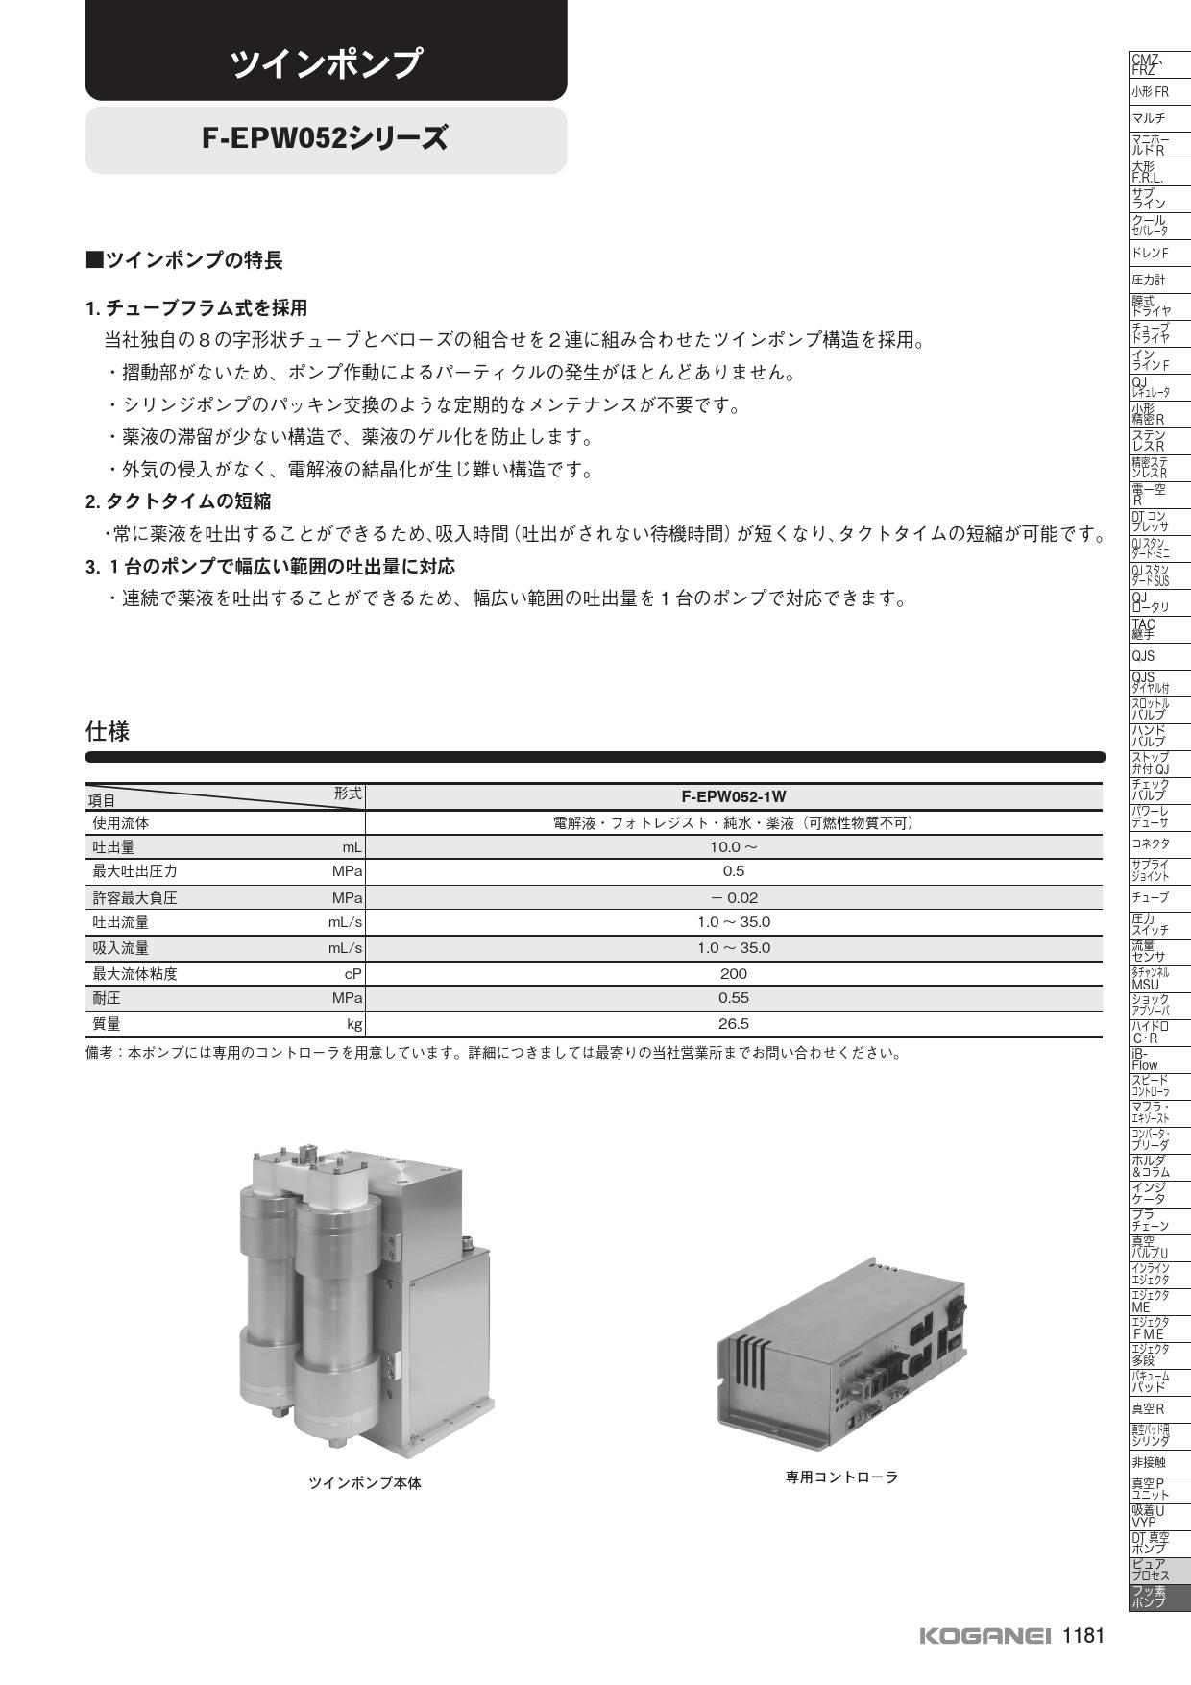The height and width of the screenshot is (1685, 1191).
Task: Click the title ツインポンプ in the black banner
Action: pos(326,63)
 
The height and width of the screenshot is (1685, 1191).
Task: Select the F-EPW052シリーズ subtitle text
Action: pos(326,139)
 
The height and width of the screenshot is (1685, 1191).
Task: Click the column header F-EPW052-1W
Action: pos(733,796)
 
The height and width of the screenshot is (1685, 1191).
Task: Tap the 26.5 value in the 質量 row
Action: pos(733,1024)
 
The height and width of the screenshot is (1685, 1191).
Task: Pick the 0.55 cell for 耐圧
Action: pos(733,998)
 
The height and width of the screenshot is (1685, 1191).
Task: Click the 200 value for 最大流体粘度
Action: pos(733,973)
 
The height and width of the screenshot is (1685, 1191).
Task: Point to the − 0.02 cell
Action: pos(733,898)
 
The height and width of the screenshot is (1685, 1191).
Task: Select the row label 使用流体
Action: pos(121,823)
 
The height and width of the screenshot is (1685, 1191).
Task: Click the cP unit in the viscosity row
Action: pos(352,973)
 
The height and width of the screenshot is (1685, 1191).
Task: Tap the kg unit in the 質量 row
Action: pos(354,1024)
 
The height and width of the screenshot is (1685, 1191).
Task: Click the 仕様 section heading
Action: pos(108,732)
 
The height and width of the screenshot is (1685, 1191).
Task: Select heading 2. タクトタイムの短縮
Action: pos(178,501)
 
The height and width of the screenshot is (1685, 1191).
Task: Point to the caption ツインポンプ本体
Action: pos(364,1482)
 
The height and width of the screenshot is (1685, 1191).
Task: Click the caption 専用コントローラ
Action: pos(841,1477)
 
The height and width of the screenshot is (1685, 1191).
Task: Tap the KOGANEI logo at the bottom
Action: pos(985,1636)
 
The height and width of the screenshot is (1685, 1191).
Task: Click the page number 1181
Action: pos(1083,1636)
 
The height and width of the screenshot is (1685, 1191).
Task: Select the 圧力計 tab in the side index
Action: pos(1149,281)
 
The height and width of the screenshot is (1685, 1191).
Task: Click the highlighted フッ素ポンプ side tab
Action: pos(1149,1599)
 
